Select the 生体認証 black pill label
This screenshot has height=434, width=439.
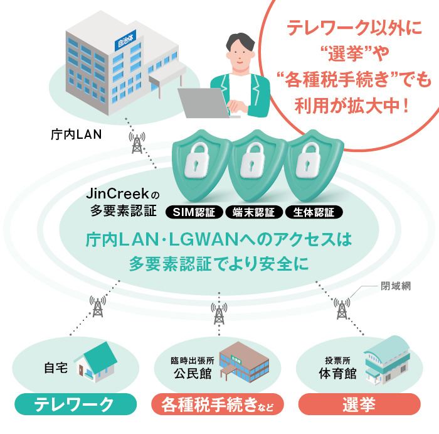314,212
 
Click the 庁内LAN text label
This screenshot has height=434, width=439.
75,134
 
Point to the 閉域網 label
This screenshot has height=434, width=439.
396,286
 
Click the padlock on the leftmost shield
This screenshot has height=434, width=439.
198,160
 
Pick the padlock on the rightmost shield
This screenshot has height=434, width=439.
311,160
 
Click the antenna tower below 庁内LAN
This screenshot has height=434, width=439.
136,144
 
